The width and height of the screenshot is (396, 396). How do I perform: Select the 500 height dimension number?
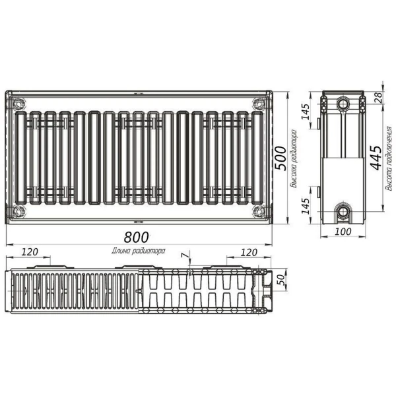pos(280,158)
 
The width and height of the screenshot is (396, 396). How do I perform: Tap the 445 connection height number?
pos(376,158)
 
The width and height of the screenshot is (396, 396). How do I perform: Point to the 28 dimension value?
pos(378,97)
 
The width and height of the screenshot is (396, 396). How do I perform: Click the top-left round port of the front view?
pos(18,104)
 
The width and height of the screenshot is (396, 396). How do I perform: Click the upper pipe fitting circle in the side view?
pos(343,104)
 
